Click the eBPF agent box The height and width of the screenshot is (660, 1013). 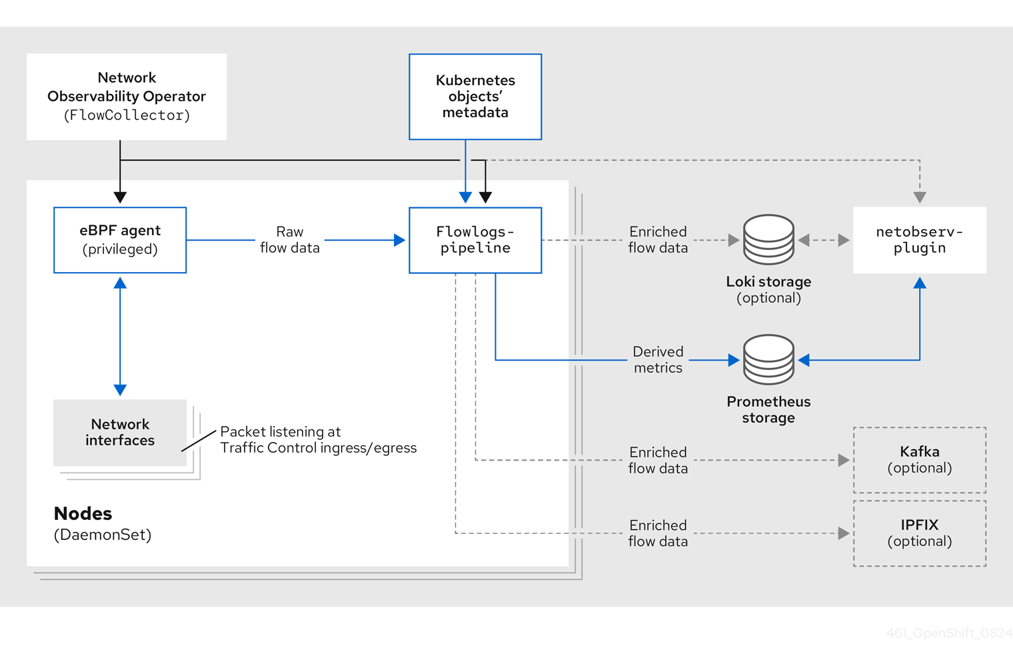(120, 240)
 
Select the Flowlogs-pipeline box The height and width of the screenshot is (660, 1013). (475, 240)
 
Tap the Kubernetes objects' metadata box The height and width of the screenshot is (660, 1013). (475, 97)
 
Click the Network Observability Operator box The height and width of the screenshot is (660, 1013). (127, 97)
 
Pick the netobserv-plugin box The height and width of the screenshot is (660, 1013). (920, 240)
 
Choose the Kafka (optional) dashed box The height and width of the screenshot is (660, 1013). (920, 460)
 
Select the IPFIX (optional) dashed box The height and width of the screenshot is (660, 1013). (920, 533)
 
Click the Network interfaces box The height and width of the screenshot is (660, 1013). (120, 433)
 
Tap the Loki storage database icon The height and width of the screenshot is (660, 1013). (768, 239)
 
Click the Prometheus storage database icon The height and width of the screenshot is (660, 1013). (768, 359)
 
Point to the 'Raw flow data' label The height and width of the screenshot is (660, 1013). (290, 240)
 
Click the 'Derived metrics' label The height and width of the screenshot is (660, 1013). (658, 360)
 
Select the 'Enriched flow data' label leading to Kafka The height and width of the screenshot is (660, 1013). (658, 460)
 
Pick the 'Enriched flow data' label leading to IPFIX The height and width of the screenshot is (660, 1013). (658, 533)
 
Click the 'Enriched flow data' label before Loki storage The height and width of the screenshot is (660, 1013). (658, 240)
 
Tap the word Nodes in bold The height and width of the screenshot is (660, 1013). (83, 513)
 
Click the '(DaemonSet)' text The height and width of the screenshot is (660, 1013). (103, 535)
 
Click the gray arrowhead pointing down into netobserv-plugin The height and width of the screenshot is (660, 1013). (920, 197)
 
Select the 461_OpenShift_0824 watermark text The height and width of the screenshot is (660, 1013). (948, 633)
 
